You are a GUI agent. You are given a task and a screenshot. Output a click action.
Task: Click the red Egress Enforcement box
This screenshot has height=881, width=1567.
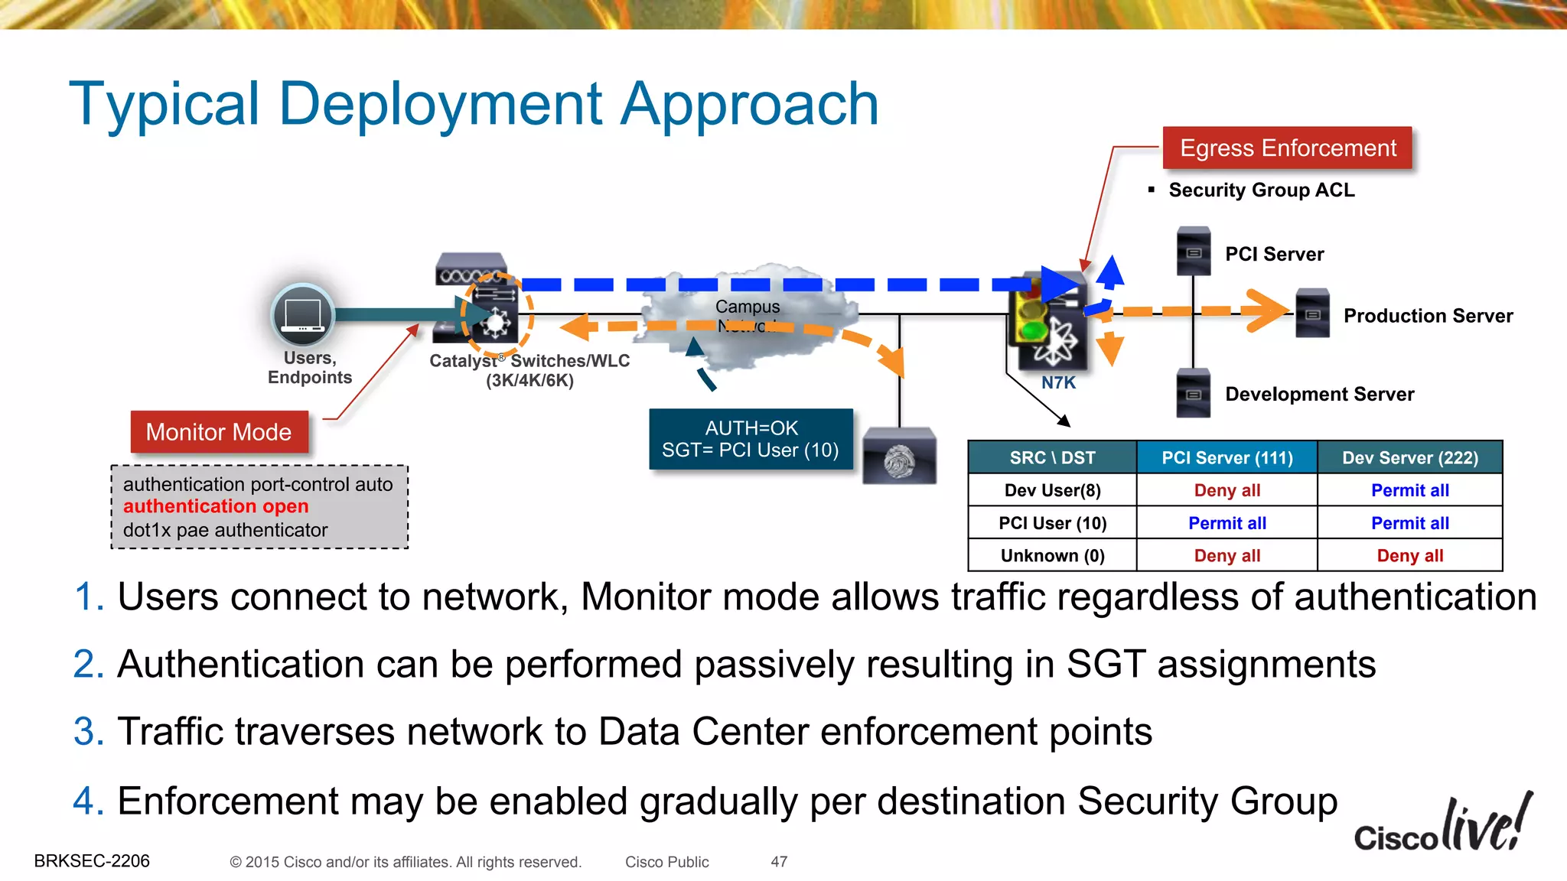(x=1287, y=148)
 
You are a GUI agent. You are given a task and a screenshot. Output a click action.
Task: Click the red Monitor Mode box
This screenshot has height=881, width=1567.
(x=219, y=432)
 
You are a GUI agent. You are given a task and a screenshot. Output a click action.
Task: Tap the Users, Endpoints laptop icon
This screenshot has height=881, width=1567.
(x=303, y=315)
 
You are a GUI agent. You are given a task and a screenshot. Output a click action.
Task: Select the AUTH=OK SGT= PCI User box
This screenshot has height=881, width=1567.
(x=751, y=439)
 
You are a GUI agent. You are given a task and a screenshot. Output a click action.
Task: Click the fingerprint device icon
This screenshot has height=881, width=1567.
(x=899, y=457)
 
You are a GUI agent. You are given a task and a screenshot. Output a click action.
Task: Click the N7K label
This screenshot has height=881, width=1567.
(x=1058, y=382)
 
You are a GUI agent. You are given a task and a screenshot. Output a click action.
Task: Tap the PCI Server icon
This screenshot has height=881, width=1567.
(x=1193, y=251)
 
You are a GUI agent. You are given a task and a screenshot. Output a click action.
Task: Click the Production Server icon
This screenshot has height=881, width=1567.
(x=1312, y=313)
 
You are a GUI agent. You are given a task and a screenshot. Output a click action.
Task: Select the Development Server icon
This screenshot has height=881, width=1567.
(x=1193, y=393)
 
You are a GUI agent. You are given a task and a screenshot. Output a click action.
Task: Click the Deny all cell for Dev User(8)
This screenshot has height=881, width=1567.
(x=1227, y=490)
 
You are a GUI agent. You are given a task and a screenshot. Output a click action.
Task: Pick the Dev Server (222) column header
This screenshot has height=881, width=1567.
(x=1409, y=457)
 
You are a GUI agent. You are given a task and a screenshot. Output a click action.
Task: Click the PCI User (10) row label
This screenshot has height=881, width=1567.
(x=1052, y=523)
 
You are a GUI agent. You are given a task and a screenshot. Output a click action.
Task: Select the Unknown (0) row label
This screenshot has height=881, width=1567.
(x=1052, y=556)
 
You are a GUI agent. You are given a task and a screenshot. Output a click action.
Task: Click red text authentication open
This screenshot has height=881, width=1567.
(x=216, y=506)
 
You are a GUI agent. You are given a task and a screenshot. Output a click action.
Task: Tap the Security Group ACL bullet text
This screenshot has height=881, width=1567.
(x=1261, y=190)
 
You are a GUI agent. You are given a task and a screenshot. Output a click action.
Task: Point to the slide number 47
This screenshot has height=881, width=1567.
(x=779, y=862)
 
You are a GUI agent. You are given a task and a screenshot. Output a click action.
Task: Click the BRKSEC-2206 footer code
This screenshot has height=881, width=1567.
(x=92, y=861)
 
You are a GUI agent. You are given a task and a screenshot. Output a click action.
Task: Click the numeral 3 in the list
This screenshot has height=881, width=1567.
(x=88, y=731)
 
